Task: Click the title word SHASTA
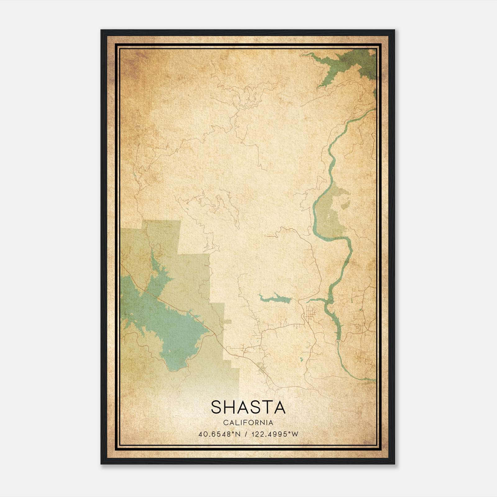pyautogui.click(x=248, y=407)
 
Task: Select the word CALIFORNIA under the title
pyautogui.click(x=248, y=423)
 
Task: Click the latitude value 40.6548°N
pyautogui.click(x=220, y=434)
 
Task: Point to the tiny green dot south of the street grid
pyautogui.click(x=301, y=359)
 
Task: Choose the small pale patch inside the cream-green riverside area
pyautogui.click(x=344, y=205)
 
